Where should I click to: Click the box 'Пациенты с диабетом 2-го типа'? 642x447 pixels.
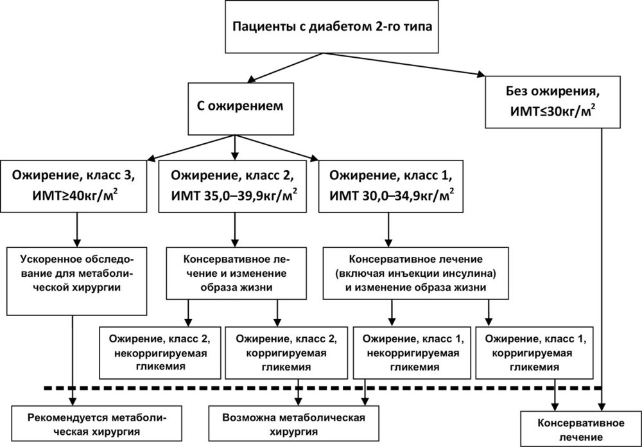tap(332, 26)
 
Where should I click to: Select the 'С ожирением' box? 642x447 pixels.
tap(241, 109)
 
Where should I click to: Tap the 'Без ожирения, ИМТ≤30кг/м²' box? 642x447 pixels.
tap(552, 102)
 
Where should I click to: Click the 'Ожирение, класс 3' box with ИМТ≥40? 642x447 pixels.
tap(73, 186)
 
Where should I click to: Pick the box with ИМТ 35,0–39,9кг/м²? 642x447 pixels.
tap(232, 186)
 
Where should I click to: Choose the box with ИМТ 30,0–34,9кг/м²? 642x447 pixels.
tap(391, 186)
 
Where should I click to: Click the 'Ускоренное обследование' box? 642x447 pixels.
tap(76, 281)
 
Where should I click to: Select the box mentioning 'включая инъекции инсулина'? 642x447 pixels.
tap(416, 273)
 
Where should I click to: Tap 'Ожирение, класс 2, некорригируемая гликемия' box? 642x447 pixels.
tap(160, 353)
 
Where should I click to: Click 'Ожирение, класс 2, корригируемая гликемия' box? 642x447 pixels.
tap(286, 353)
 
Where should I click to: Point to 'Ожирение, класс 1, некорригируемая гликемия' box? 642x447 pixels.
tap(412, 353)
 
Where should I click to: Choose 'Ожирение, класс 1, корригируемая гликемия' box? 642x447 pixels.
tap(534, 353)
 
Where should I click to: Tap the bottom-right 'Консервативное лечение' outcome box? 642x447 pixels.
tap(581, 429)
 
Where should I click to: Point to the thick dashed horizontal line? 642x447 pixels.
tap(323, 387)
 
